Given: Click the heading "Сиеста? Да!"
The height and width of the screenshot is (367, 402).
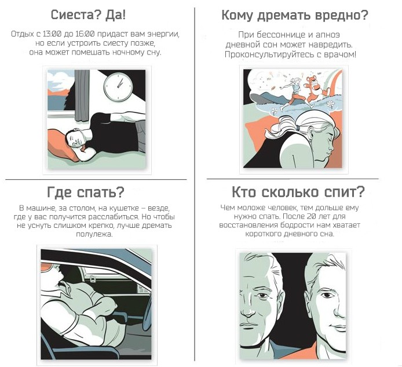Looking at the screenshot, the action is (88, 15).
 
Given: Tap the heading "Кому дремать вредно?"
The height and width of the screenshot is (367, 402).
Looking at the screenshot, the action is (295, 16).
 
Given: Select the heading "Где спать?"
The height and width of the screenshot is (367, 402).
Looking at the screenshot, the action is (86, 192).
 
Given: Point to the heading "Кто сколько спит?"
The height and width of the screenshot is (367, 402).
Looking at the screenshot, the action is (298, 192).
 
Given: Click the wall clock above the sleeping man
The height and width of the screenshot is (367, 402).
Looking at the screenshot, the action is (118, 87).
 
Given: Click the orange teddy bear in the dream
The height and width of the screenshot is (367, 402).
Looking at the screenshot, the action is (313, 89).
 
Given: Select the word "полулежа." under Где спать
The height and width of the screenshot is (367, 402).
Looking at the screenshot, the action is (94, 234).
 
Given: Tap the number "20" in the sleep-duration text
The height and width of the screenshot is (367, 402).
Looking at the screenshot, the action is (310, 216).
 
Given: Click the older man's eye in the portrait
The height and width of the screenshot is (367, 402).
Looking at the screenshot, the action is (262, 296).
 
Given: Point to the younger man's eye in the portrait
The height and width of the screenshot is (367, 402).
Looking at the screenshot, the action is (326, 295).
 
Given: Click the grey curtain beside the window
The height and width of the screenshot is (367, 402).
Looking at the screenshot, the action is (82, 96).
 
